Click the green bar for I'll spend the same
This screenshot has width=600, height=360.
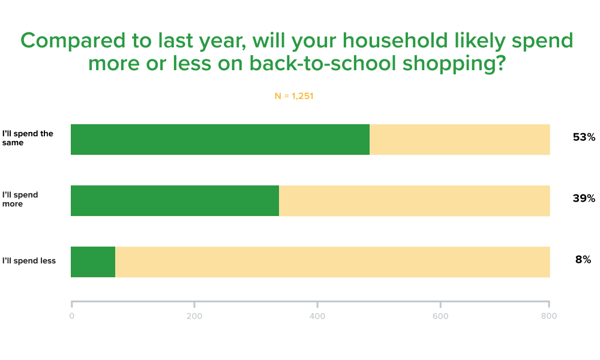[x=220, y=140]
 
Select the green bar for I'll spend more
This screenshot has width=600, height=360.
[x=175, y=201]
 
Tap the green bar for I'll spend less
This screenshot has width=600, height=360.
[x=93, y=262]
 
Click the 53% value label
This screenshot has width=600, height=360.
[x=584, y=137]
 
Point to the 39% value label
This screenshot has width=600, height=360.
[x=584, y=198]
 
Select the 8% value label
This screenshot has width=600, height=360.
[x=583, y=259]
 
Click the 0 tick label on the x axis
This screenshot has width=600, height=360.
[x=71, y=316]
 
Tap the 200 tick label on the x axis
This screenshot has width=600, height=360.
[x=194, y=316]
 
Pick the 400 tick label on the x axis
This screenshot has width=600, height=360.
[x=317, y=316]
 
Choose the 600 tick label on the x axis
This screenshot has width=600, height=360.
[x=440, y=316]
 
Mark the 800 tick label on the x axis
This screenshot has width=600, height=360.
[x=549, y=316]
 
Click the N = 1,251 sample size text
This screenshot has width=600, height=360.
[x=294, y=96]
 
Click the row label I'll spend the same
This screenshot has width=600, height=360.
[x=28, y=138]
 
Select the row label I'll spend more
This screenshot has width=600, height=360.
[x=20, y=199]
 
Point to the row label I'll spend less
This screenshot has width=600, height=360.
[x=29, y=261]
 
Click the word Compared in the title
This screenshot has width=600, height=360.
[x=73, y=41]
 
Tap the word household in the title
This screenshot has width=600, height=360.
[x=395, y=40]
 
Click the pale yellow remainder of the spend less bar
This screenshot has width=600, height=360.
[x=332, y=262]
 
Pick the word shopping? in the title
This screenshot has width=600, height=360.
[x=454, y=64]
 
